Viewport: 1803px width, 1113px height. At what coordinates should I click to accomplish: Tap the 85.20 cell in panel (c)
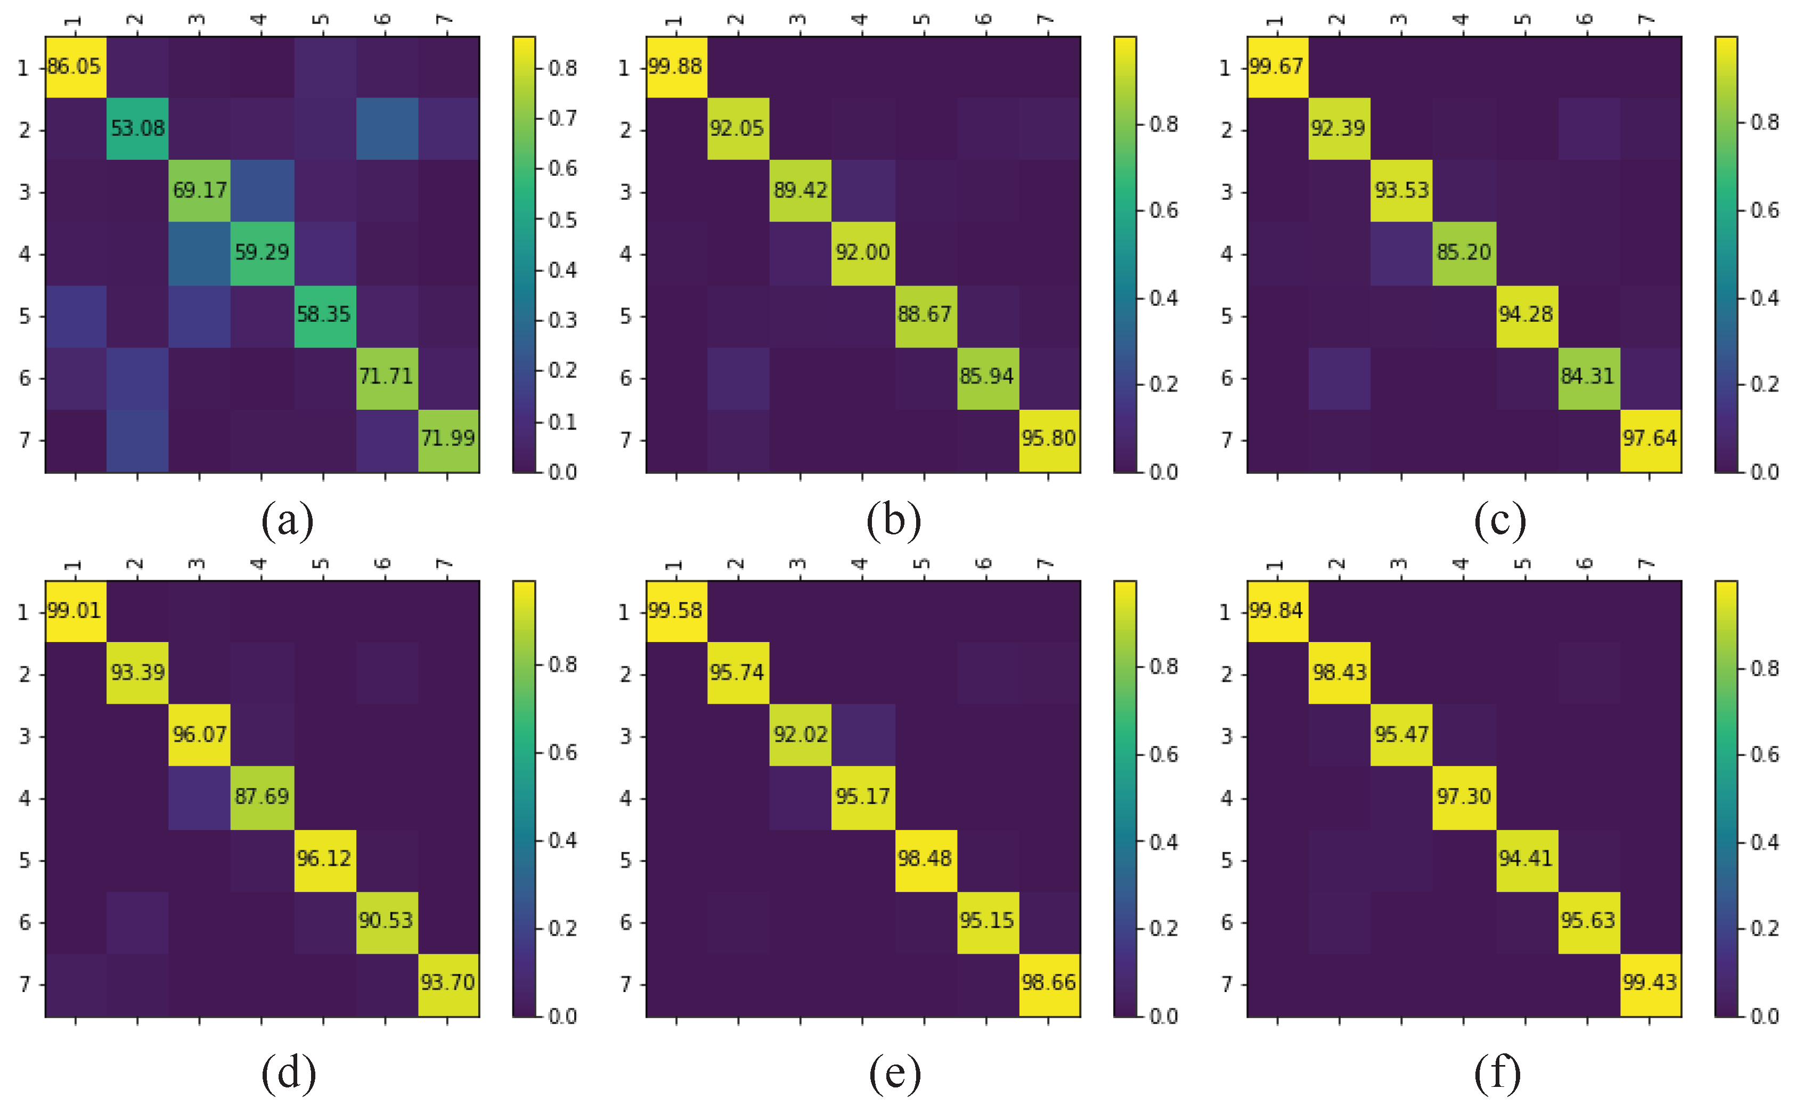pyautogui.click(x=1464, y=253)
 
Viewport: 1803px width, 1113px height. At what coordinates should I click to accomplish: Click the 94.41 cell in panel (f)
pyautogui.click(x=1525, y=858)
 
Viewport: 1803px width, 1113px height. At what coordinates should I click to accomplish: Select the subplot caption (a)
pyautogui.click(x=288, y=521)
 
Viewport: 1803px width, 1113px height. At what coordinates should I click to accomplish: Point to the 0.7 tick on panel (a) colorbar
pyautogui.click(x=562, y=118)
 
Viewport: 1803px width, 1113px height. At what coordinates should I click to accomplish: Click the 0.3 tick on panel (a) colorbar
pyautogui.click(x=562, y=320)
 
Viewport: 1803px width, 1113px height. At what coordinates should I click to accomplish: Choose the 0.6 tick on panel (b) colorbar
pyautogui.click(x=1163, y=210)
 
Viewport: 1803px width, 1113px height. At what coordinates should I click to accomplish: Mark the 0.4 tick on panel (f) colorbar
pyautogui.click(x=1765, y=841)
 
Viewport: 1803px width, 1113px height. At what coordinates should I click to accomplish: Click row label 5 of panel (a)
pyautogui.click(x=25, y=316)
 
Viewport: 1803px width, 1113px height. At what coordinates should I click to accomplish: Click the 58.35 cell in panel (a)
pyautogui.click(x=324, y=314)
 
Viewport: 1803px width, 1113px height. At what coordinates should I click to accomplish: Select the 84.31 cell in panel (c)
pyautogui.click(x=1587, y=376)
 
